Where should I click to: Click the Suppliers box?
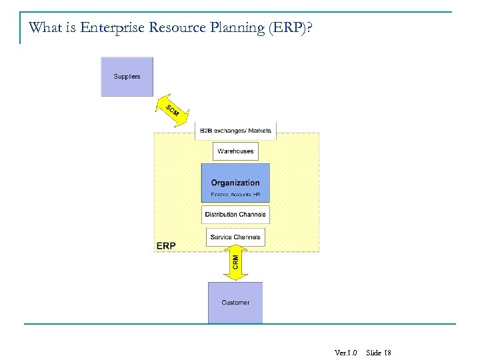pos(127,77)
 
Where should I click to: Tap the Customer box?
pos(235,302)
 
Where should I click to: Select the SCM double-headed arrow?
pos(173,111)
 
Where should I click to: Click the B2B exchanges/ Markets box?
pos(235,131)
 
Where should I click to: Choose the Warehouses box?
pos(235,151)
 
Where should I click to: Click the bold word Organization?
pos(235,183)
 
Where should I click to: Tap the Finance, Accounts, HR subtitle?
pos(235,195)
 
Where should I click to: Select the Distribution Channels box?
pos(235,215)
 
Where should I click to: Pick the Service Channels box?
pos(235,237)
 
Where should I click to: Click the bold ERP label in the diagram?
pos(166,246)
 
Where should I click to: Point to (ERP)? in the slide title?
pos(291,29)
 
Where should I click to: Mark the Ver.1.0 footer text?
pos(346,352)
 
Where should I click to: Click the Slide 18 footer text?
pos(379,352)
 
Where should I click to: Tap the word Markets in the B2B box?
pos(259,131)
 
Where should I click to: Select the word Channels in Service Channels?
pos(247,237)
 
